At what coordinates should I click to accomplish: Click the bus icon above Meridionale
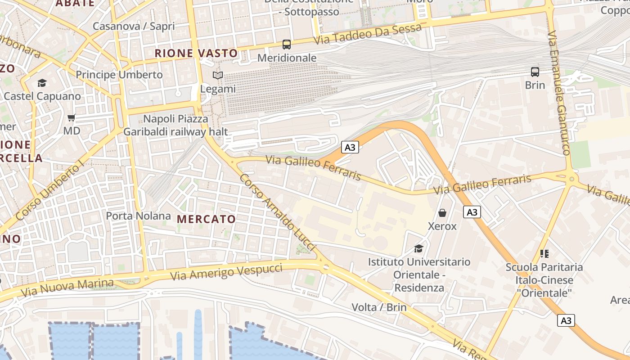pyautogui.click(x=287, y=44)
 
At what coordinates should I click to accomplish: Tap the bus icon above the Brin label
pyautogui.click(x=535, y=72)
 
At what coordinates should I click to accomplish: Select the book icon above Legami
pyautogui.click(x=218, y=76)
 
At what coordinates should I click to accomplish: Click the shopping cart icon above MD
pyautogui.click(x=72, y=118)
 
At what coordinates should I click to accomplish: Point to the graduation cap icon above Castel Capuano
pyautogui.click(x=42, y=83)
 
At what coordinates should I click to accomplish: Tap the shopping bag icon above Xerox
pyautogui.click(x=442, y=213)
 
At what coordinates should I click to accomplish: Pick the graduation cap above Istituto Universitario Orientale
pyautogui.click(x=419, y=248)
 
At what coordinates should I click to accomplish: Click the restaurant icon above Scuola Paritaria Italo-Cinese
pyautogui.click(x=544, y=254)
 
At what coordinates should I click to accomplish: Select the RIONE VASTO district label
pyautogui.click(x=196, y=53)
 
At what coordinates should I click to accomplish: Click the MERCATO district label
pyautogui.click(x=207, y=219)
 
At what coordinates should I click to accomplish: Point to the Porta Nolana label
pyautogui.click(x=138, y=216)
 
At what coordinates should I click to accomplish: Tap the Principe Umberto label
pyautogui.click(x=119, y=74)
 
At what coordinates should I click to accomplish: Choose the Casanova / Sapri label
pyautogui.click(x=133, y=26)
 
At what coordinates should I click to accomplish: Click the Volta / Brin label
pyautogui.click(x=379, y=307)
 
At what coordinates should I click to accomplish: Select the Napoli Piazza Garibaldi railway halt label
pyautogui.click(x=176, y=126)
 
